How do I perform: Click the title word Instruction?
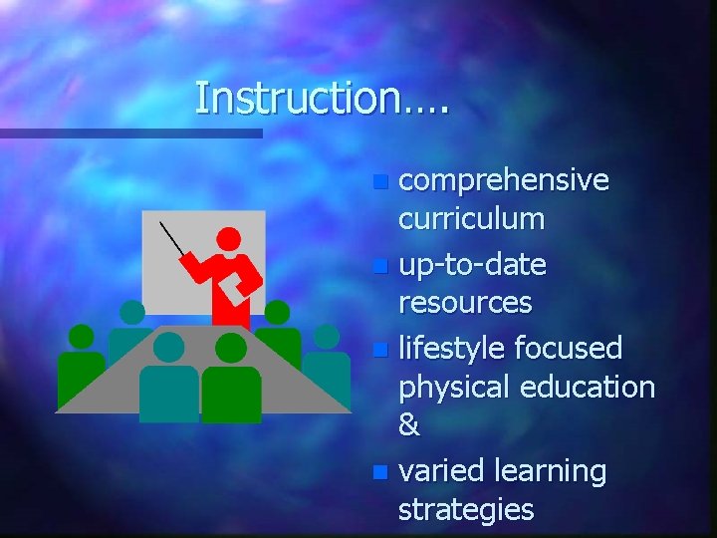(309, 99)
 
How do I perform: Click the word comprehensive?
(503, 180)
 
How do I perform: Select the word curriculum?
(471, 219)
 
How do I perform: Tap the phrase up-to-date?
(472, 265)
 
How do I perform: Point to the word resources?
(465, 302)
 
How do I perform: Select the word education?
(595, 387)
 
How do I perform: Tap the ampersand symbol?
(408, 425)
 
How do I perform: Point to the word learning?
(555, 471)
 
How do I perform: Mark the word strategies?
(465, 509)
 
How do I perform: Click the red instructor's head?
(229, 239)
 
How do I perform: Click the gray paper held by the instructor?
(232, 288)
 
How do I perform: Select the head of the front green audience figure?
(231, 348)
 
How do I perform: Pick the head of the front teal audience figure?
(169, 347)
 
